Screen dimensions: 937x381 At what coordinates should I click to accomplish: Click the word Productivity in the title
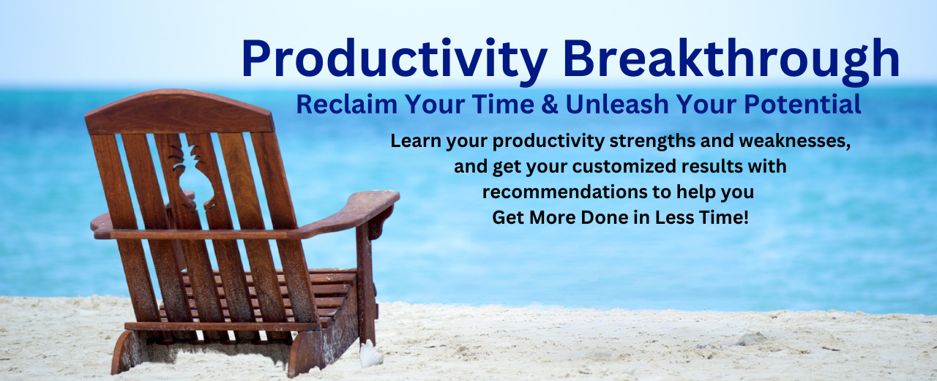pyautogui.click(x=394, y=60)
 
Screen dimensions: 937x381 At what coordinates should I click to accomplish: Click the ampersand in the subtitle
pyautogui.click(x=549, y=105)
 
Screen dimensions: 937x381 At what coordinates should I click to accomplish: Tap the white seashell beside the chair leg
pyautogui.click(x=371, y=354)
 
